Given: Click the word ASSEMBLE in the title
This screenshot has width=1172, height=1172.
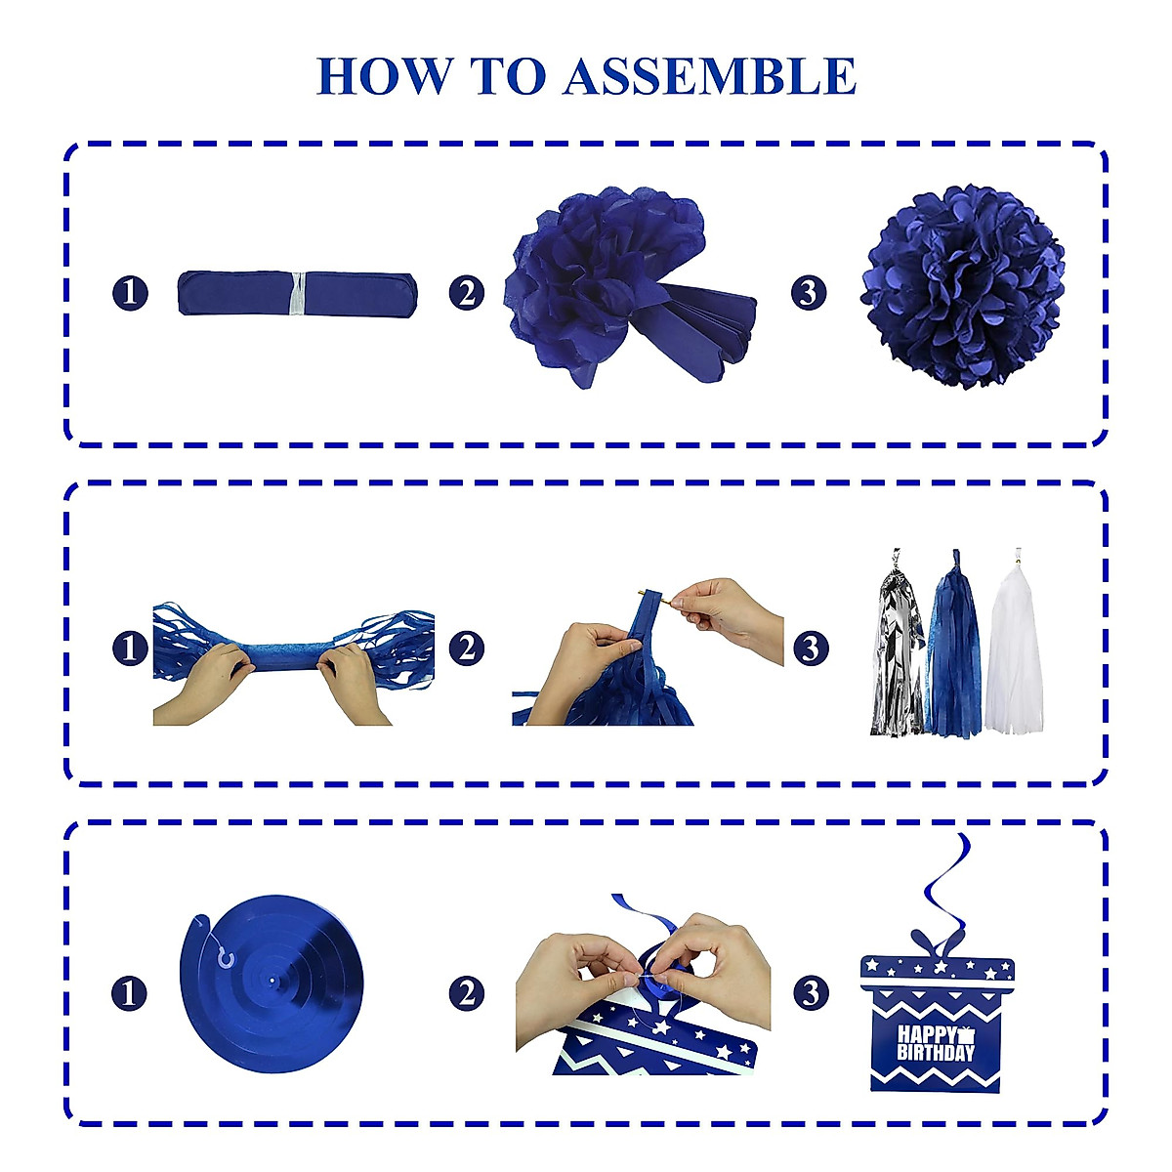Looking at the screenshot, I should tap(709, 76).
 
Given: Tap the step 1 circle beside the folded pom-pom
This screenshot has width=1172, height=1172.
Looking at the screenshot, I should tap(130, 293).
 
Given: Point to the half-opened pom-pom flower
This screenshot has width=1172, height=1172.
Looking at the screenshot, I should tap(615, 283).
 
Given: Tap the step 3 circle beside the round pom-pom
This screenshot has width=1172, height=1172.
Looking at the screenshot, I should tap(809, 293).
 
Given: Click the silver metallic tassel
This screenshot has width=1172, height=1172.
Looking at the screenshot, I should tap(897, 649).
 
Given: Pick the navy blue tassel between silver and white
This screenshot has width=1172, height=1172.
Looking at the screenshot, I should tap(953, 649).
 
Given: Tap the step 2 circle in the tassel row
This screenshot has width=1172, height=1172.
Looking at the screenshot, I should tap(467, 648).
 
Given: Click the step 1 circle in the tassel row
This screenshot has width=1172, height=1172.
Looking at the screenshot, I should tap(130, 648).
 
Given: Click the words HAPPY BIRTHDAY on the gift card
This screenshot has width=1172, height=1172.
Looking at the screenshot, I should tap(936, 1044).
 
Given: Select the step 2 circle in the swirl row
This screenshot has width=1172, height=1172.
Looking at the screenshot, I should tap(467, 993).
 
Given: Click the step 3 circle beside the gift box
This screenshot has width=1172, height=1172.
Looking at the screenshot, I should tap(809, 993).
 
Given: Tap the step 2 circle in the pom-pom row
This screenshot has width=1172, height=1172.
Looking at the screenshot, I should tap(467, 293).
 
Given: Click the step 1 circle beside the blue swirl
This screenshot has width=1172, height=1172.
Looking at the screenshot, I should tap(130, 993).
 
